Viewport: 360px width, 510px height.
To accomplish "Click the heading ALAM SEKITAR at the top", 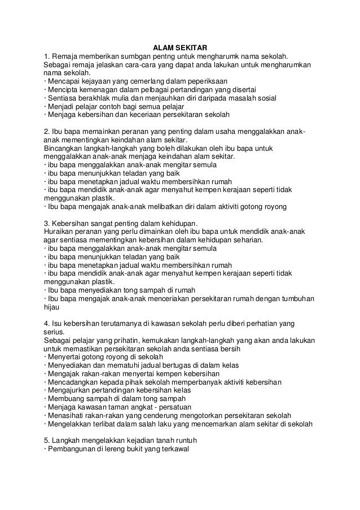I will [x=179, y=48].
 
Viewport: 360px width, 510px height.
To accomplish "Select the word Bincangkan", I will [x=63, y=149].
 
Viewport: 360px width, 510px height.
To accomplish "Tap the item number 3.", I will [x=46, y=223].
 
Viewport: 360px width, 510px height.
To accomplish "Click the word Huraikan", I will [x=59, y=232].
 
